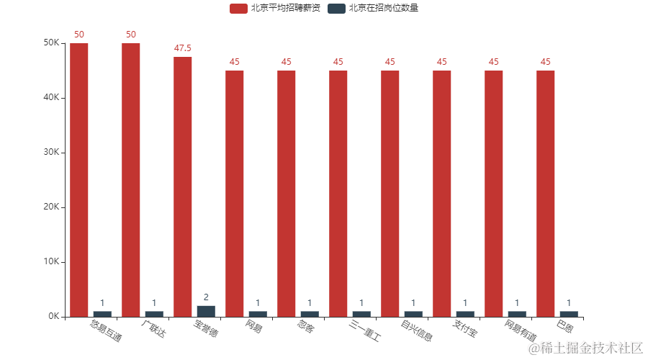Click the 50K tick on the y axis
coord(51,43)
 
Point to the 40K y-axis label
coord(51,98)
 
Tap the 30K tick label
coord(51,153)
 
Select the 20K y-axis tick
coord(51,207)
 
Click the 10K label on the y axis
coord(51,262)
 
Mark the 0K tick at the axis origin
coord(53,317)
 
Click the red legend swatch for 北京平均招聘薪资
coord(238,9)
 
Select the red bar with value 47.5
coord(183,186)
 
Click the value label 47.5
coord(183,48)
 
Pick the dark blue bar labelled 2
coord(206,310)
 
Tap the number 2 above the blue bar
coord(206,297)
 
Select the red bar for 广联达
coord(131,180)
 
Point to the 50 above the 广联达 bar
coord(131,35)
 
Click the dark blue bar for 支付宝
coord(465,313)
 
